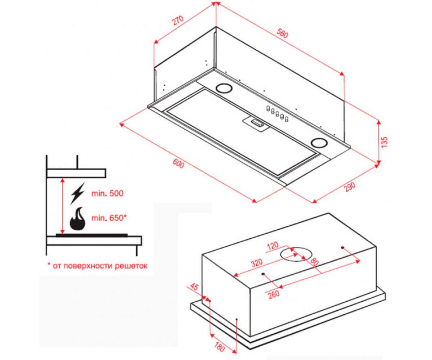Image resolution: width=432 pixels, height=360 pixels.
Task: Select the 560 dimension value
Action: (x=282, y=33)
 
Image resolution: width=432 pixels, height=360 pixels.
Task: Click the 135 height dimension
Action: (x=384, y=142)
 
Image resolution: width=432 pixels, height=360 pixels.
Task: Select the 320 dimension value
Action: (x=257, y=263)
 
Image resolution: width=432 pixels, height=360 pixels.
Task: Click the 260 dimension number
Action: (x=274, y=294)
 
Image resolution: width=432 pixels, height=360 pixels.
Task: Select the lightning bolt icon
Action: (x=78, y=194)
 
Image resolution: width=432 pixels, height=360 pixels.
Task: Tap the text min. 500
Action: (x=107, y=193)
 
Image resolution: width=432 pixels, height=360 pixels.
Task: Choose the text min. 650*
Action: (x=109, y=218)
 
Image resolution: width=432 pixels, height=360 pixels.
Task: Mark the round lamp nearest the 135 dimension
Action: (x=319, y=143)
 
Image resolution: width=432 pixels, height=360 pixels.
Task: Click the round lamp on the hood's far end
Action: (x=224, y=88)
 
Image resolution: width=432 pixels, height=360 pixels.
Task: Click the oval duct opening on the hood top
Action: (x=296, y=255)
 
